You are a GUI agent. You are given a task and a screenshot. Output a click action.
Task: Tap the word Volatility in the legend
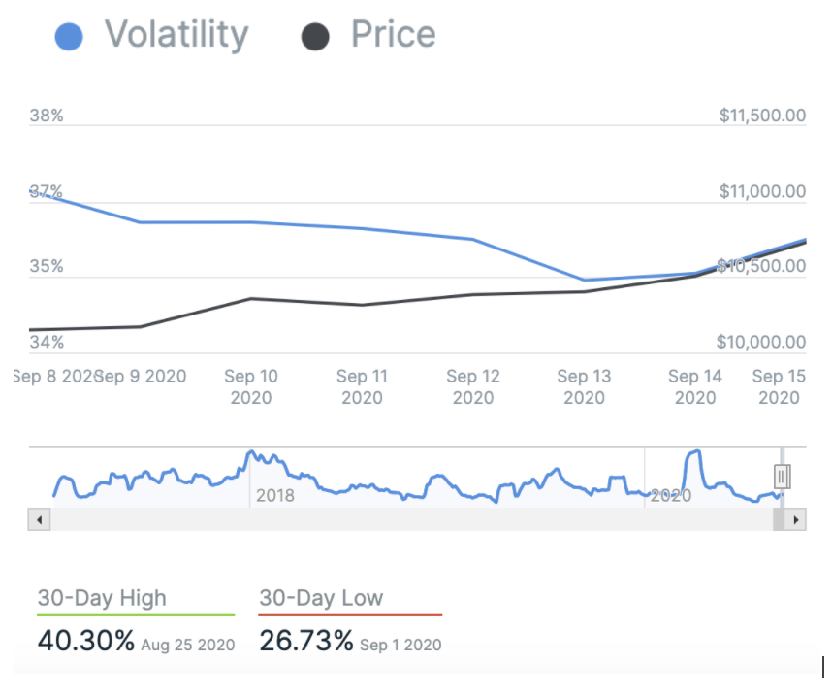coord(176,35)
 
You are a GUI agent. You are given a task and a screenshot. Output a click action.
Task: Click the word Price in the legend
coord(393,35)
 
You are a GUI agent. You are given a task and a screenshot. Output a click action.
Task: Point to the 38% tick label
coord(47,116)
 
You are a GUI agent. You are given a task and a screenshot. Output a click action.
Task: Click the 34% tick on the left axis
coord(47,342)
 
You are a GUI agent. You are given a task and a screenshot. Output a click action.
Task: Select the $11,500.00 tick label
coord(762,116)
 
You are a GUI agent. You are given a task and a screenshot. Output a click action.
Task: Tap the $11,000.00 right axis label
coord(762,192)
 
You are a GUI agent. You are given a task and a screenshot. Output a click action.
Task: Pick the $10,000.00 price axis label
coord(762,342)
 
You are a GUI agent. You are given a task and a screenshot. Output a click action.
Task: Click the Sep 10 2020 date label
coord(251,386)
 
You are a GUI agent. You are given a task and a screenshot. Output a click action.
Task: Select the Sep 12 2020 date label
coord(473,386)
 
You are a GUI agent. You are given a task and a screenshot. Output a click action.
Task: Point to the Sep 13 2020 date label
coord(584,386)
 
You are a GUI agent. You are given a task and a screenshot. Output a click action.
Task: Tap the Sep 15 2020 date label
coord(779,386)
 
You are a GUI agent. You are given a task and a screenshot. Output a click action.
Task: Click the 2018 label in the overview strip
coord(274,496)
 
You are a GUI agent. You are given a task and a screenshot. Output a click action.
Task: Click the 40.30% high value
coord(85,642)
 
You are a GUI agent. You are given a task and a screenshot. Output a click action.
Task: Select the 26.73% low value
coord(305,642)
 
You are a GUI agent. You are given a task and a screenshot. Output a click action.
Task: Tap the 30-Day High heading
coord(102,598)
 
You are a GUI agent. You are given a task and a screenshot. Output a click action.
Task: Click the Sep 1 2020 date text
coord(400,645)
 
